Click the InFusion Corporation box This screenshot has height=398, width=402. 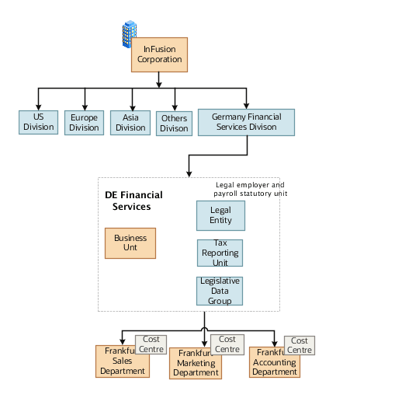[x=159, y=54]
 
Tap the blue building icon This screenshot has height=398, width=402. [x=129, y=35]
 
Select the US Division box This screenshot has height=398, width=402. [x=38, y=122]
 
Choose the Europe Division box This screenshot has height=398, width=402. [x=84, y=123]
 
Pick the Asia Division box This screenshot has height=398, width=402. [x=130, y=123]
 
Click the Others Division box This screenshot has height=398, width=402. [x=174, y=124]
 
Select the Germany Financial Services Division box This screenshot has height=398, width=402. [x=246, y=121]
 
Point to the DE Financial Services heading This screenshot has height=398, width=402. [x=133, y=201]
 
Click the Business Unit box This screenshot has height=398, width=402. [x=130, y=243]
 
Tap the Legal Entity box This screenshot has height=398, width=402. [x=220, y=215]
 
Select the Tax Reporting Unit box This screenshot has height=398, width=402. [x=220, y=253]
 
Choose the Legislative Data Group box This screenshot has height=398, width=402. [x=220, y=291]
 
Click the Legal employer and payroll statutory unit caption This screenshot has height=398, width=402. [x=250, y=189]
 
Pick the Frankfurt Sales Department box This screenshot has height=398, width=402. [x=122, y=362]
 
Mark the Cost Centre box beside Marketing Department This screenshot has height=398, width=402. [x=227, y=344]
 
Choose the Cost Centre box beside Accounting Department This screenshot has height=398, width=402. [x=300, y=345]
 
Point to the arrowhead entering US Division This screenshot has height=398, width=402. [x=38, y=106]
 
